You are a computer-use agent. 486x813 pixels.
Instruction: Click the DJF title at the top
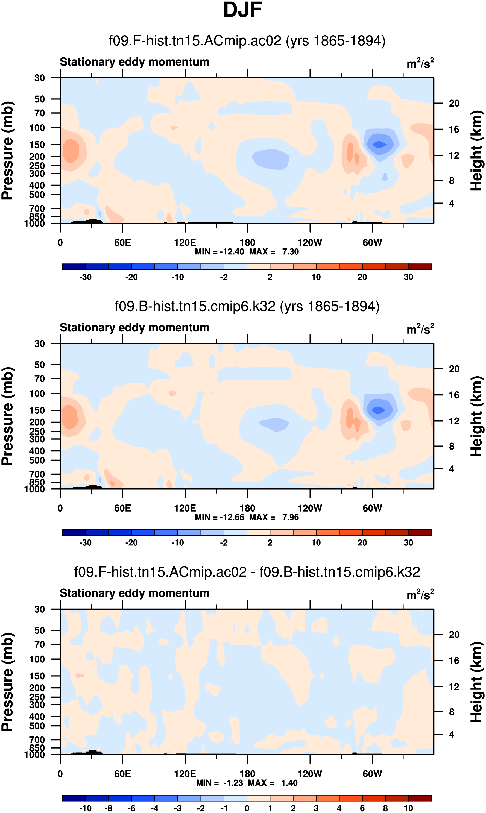242,10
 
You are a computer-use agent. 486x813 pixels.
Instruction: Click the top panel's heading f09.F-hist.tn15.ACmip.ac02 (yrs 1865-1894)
247,41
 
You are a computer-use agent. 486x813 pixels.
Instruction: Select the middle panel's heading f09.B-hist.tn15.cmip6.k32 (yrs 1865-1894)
247,306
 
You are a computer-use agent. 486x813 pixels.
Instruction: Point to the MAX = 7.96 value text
274,517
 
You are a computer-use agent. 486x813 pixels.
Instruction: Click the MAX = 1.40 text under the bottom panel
273,783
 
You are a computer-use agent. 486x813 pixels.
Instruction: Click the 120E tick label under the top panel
185,243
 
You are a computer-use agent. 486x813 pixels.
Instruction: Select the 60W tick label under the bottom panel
372,774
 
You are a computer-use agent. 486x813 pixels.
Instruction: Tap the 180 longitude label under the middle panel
247,508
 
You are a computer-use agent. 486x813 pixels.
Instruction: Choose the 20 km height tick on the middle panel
454,369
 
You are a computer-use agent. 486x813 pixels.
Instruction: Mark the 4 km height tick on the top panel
452,203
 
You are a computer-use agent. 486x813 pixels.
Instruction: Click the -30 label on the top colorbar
85,277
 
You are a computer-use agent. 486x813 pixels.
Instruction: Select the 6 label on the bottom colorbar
362,808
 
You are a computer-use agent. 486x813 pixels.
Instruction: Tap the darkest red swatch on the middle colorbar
420,532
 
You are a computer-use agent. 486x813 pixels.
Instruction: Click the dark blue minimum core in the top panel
379,144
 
